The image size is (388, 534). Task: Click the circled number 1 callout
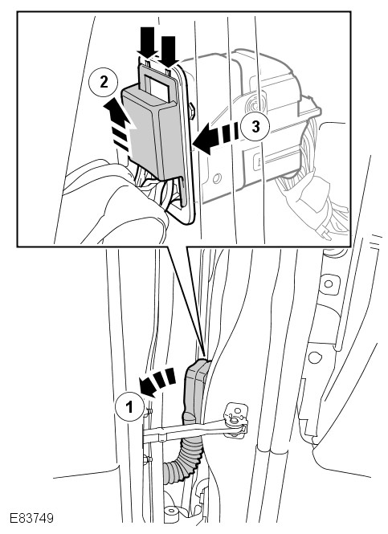click(129, 406)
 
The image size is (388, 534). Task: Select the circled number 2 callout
click(103, 83)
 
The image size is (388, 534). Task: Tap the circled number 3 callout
click(255, 127)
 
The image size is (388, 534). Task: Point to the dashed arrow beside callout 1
click(157, 381)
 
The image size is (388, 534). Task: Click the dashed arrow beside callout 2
click(120, 124)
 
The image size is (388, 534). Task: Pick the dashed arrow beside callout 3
click(216, 138)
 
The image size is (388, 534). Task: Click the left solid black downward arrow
click(147, 42)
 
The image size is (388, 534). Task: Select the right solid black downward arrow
click(168, 51)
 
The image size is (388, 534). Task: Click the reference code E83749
click(31, 518)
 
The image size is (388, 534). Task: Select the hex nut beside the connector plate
click(191, 111)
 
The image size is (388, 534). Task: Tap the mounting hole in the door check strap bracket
click(235, 422)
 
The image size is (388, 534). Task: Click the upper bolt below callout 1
click(148, 412)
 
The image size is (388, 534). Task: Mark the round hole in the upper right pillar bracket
click(328, 283)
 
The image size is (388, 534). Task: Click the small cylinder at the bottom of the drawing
click(171, 513)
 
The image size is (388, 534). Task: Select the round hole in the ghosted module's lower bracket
click(216, 177)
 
